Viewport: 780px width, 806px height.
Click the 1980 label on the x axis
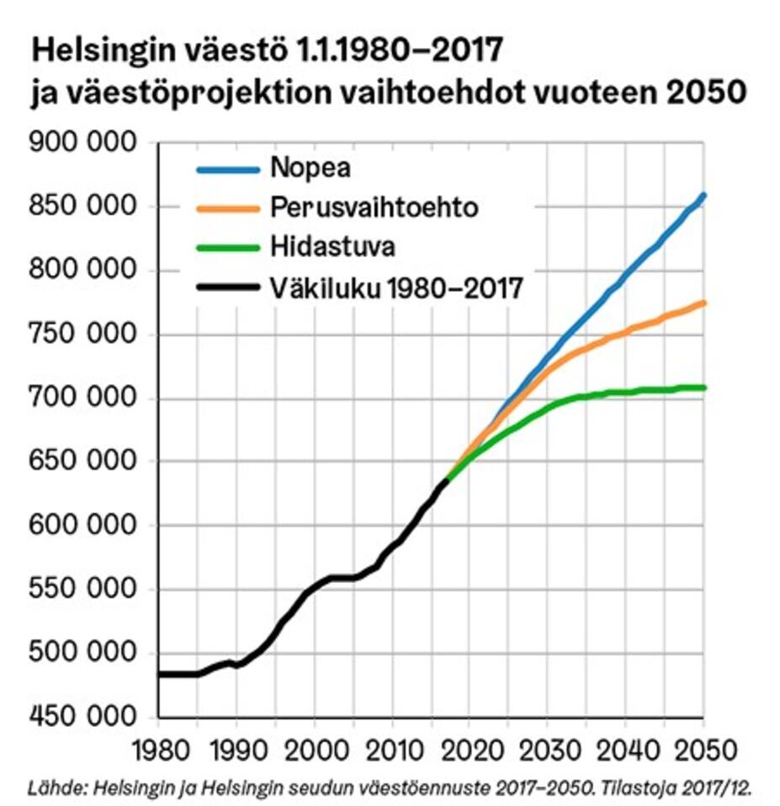[x=157, y=748]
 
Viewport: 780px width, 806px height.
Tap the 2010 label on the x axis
[x=392, y=748]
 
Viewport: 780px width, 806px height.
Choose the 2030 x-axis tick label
[x=548, y=748]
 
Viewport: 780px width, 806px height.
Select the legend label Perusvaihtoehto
[x=374, y=207]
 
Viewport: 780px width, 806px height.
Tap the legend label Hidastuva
[x=333, y=247]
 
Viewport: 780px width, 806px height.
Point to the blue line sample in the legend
[x=228, y=168]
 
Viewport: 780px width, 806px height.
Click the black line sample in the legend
[x=228, y=289]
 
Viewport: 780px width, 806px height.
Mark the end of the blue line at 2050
[x=704, y=195]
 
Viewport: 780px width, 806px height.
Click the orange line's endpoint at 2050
[x=704, y=303]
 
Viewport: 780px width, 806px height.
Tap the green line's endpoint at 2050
[x=704, y=388]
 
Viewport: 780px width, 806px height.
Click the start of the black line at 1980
[x=159, y=674]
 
